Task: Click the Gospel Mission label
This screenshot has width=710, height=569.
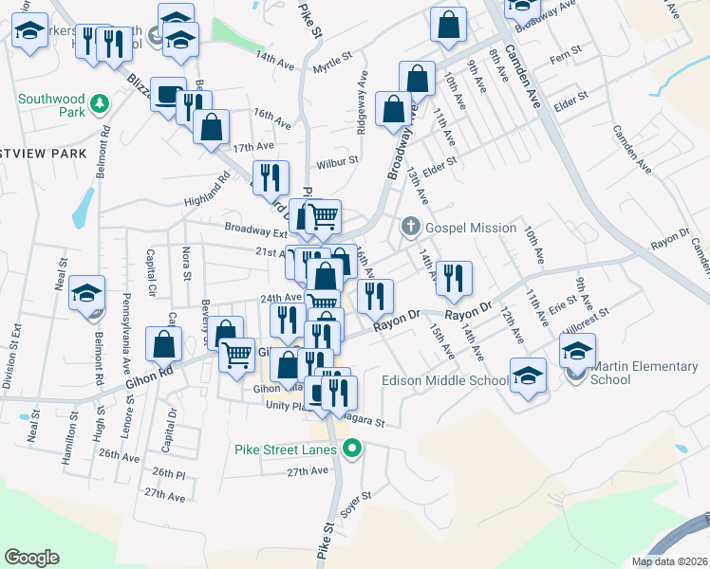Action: (x=471, y=228)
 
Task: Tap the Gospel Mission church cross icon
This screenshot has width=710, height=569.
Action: (x=410, y=227)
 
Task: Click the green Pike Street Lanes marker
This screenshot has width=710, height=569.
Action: (x=353, y=449)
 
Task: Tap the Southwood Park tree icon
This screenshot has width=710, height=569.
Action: (x=97, y=101)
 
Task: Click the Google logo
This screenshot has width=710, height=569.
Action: (x=32, y=557)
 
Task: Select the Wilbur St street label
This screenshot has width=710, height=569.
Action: (x=337, y=161)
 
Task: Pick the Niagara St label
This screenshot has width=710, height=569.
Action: (x=364, y=422)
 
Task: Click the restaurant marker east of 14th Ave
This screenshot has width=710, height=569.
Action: (x=455, y=278)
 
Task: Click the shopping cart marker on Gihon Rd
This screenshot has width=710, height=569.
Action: (x=236, y=355)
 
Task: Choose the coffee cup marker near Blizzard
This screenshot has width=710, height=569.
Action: (x=168, y=95)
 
